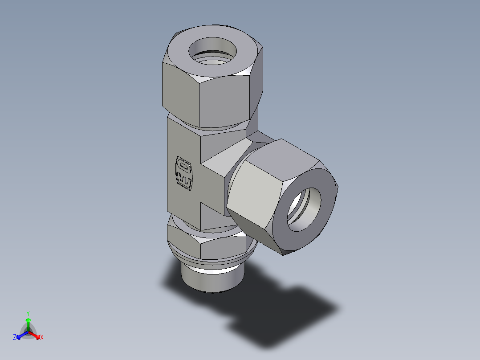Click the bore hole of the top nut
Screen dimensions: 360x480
pyautogui.click(x=213, y=50)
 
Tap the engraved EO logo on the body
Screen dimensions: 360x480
pyautogui.click(x=184, y=174)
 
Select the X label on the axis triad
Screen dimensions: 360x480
pyautogui.click(x=42, y=338)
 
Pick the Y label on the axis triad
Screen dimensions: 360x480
pyautogui.click(x=28, y=313)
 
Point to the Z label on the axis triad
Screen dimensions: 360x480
pyautogui.click(x=15, y=338)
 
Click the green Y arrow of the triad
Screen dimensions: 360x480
pyautogui.click(x=28, y=323)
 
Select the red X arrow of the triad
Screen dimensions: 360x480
pyautogui.click(x=36, y=335)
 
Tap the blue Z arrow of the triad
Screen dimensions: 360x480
pyautogui.click(x=20, y=335)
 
